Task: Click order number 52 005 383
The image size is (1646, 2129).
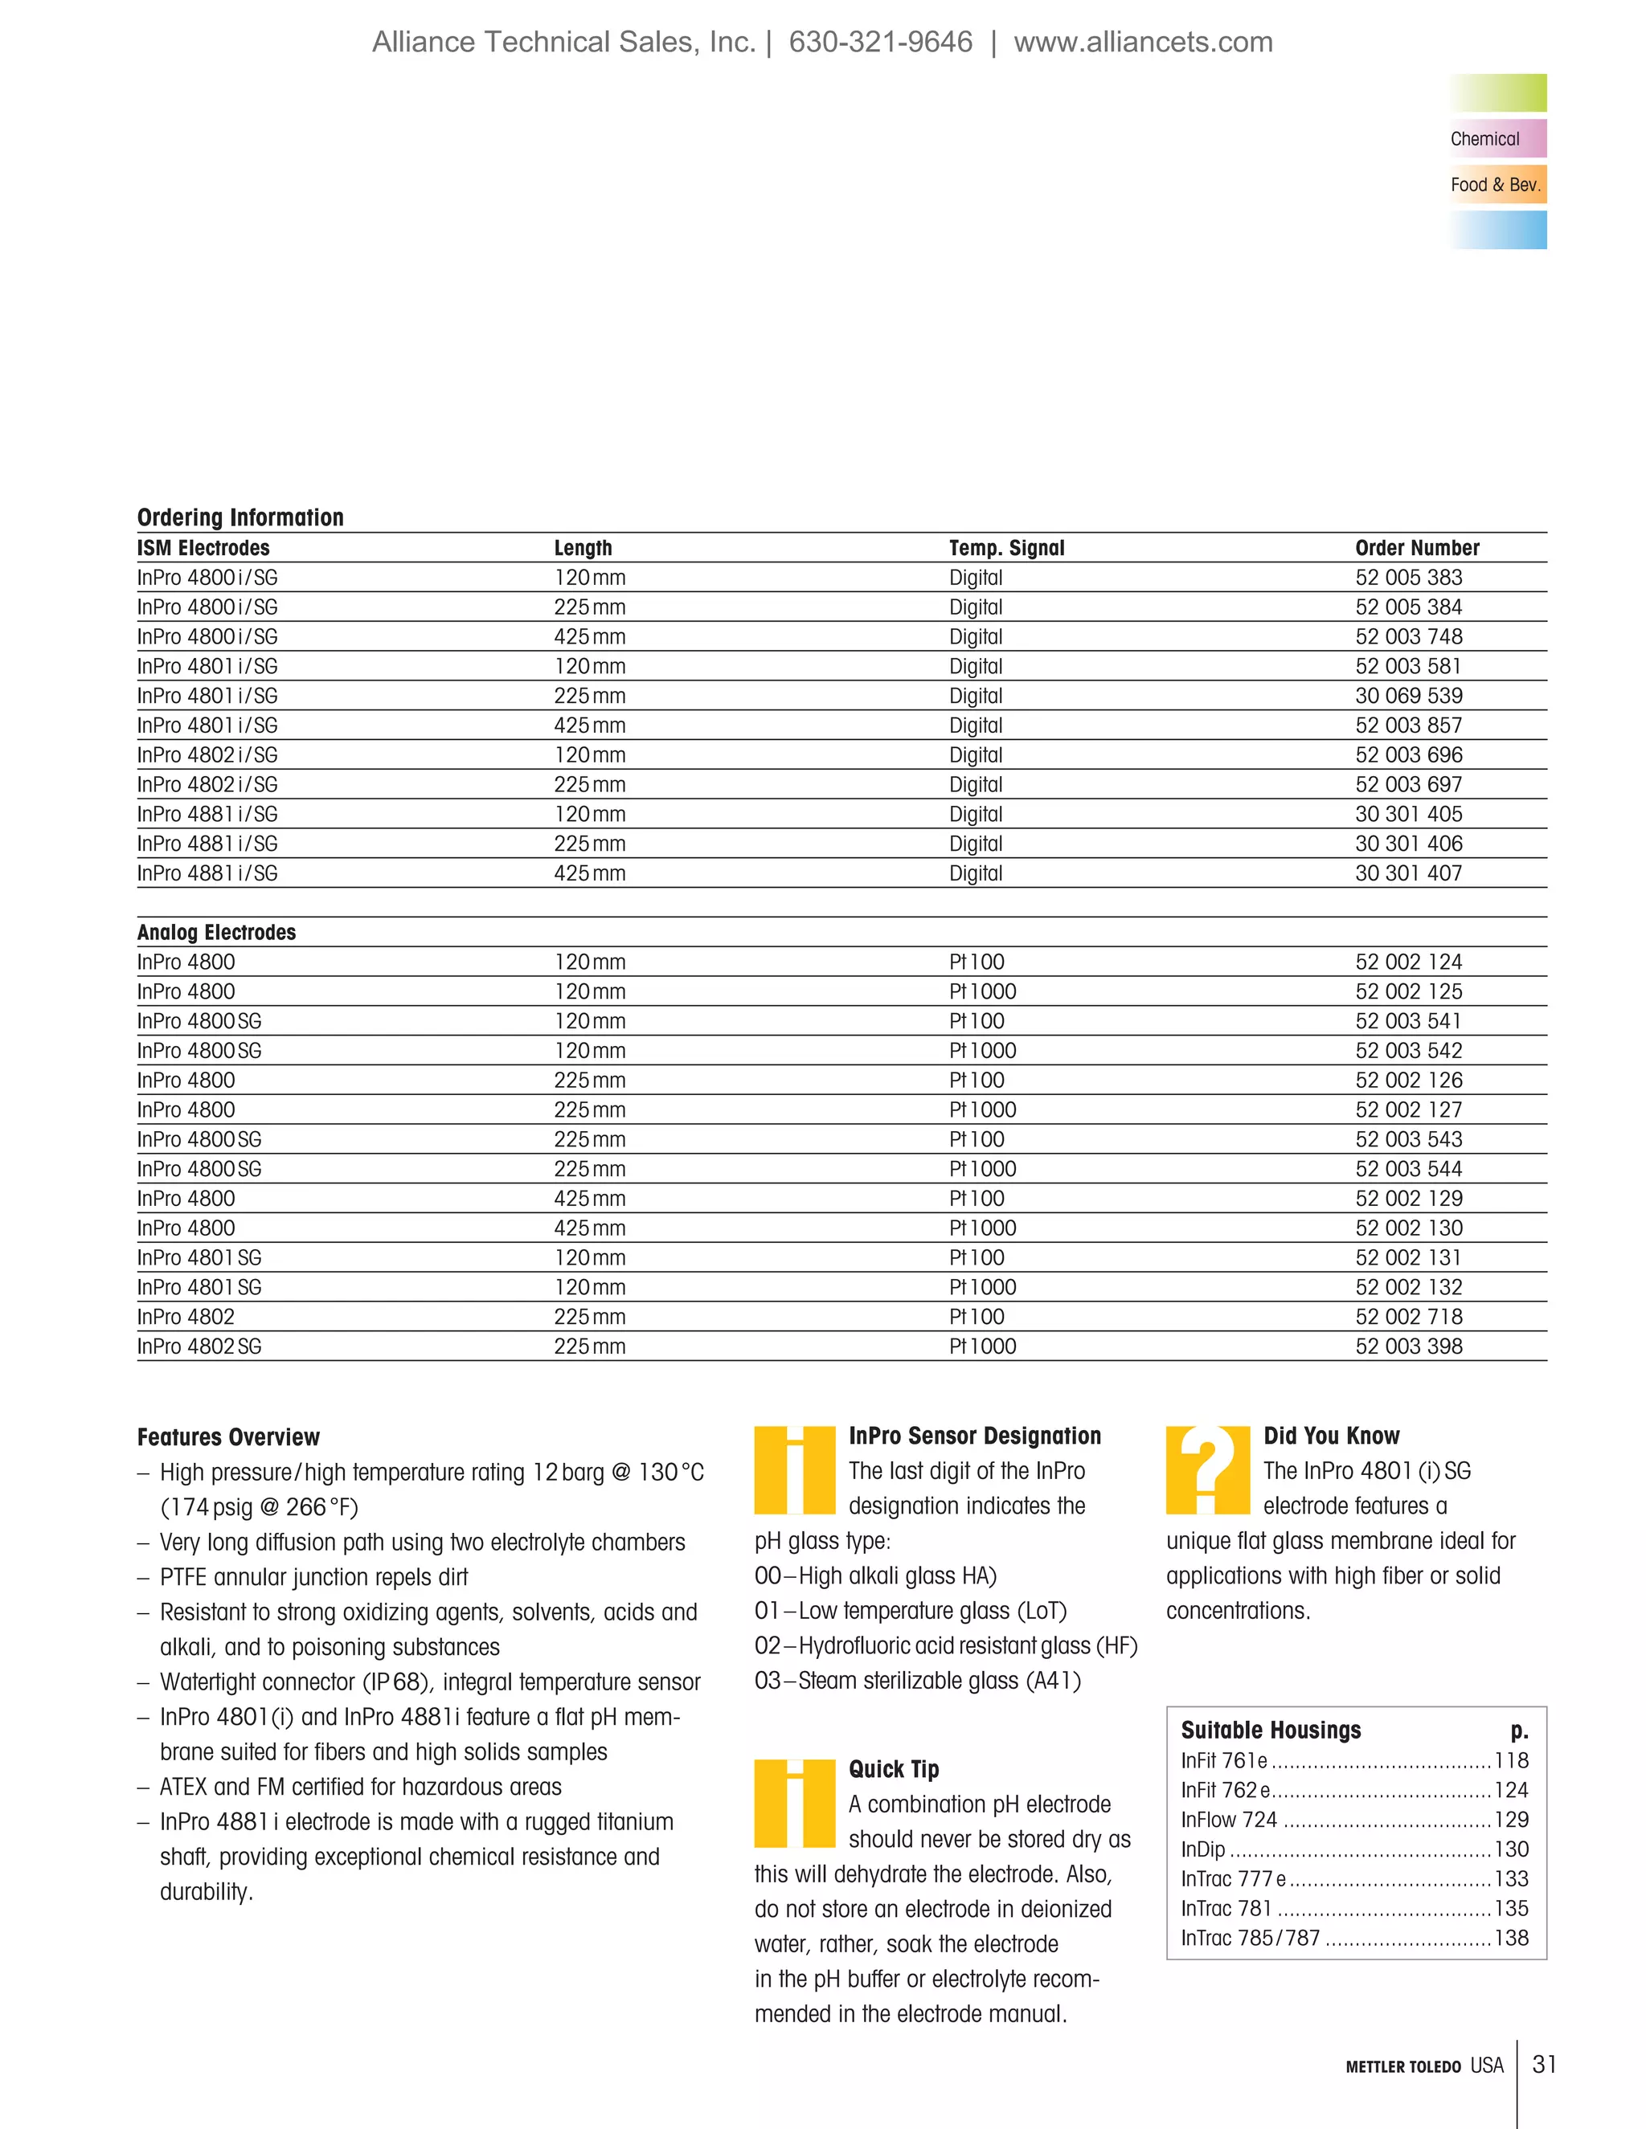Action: (1408, 577)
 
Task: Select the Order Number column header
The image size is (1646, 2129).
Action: (1416, 548)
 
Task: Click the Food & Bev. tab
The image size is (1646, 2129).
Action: (1496, 184)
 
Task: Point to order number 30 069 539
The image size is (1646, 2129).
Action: (1408, 696)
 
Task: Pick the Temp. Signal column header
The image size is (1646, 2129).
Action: (1006, 548)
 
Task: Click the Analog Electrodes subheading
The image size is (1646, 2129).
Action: (215, 932)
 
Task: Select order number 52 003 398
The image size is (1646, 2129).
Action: (1408, 1346)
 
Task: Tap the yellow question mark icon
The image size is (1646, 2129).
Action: (1207, 1469)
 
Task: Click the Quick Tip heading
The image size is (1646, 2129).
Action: (893, 1769)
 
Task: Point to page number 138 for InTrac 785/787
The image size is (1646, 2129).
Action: (1512, 1938)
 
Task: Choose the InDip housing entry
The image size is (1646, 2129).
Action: (1203, 1849)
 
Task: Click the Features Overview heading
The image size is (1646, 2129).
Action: (228, 1437)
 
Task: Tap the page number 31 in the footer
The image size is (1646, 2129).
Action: (1544, 2065)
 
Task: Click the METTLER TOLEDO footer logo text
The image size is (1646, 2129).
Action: (1402, 2066)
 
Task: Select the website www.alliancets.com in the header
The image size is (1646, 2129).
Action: (1143, 42)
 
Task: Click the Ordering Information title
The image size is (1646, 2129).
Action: (240, 517)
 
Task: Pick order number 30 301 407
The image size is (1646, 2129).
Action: (1408, 873)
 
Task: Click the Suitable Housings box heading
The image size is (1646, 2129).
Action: (1271, 1731)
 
